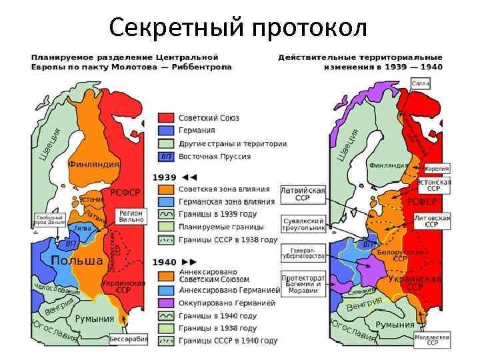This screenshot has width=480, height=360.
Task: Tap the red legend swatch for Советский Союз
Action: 166,118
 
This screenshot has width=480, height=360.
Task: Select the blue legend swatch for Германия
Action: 166,131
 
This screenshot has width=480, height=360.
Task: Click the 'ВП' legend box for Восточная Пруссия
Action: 166,156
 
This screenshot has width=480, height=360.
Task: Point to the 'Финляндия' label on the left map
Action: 93,163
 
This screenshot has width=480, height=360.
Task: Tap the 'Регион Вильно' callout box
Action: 131,215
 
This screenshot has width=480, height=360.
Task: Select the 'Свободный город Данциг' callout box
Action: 49,220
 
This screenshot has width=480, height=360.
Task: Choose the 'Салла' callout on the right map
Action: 421,83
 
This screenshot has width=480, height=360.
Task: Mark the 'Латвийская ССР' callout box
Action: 303,194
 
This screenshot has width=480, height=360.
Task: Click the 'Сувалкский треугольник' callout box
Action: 303,224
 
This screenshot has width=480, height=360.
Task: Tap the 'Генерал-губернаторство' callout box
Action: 303,252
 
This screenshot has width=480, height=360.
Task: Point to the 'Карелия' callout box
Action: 437,169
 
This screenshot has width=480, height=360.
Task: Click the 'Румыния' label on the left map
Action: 94,319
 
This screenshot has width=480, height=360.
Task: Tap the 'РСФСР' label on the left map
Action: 125,193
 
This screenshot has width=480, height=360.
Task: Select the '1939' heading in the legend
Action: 165,177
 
